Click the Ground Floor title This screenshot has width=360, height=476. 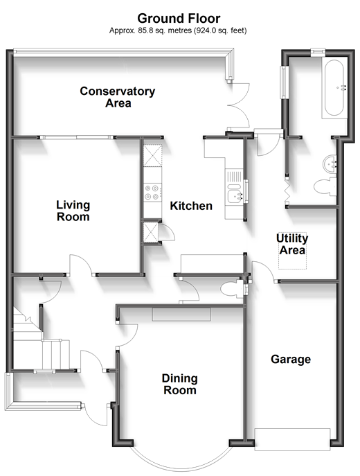tap(179, 19)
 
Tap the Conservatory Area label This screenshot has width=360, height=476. tap(118, 97)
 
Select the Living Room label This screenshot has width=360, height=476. tap(73, 211)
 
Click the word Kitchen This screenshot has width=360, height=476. tap(191, 206)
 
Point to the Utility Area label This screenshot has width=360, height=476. tap(292, 244)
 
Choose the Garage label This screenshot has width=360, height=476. tap(291, 359)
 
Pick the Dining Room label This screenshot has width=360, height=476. tap(180, 384)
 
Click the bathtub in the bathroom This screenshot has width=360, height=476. tap(334, 88)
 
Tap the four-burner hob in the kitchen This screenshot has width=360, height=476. tap(152, 193)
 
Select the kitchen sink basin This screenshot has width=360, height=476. tap(235, 196)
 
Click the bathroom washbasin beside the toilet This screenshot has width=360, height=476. tap(330, 164)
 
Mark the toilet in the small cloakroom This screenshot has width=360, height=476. tap(232, 290)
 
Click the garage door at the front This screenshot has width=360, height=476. tap(292, 439)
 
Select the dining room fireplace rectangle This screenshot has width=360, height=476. tap(181, 314)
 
